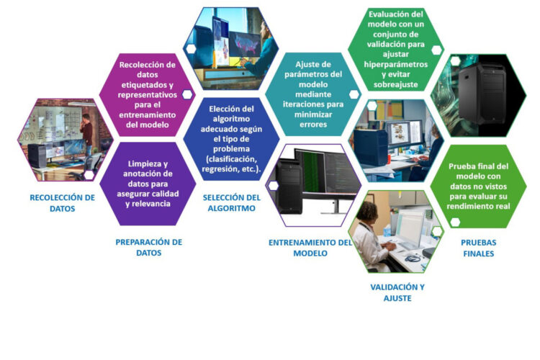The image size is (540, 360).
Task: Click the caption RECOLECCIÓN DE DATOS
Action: (63, 203)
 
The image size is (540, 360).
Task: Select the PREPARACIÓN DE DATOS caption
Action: (149, 248)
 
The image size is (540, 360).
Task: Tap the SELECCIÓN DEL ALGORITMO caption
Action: (232, 203)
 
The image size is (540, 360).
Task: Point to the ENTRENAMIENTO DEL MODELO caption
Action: (310, 248)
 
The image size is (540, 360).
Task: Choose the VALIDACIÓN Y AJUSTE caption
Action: (397, 292)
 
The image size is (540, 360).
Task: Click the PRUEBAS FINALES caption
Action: (479, 248)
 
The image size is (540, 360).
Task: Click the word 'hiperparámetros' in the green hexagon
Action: (396, 64)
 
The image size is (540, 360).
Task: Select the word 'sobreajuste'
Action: (396, 84)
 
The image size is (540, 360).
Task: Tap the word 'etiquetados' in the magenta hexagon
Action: (148, 85)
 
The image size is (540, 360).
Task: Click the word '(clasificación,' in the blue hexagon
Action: (231, 159)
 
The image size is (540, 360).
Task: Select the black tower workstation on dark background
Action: (482, 94)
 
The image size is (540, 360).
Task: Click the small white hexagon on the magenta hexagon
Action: (187, 94)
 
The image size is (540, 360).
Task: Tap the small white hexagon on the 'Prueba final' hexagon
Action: (455, 222)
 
